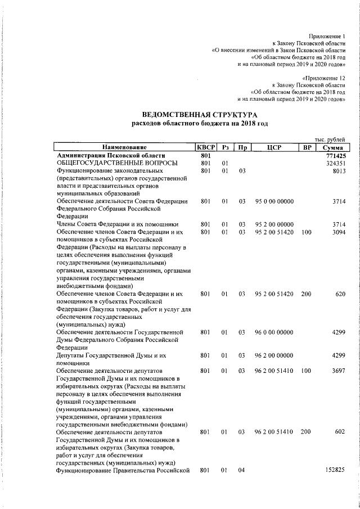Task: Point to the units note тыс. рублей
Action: tap(330, 139)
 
